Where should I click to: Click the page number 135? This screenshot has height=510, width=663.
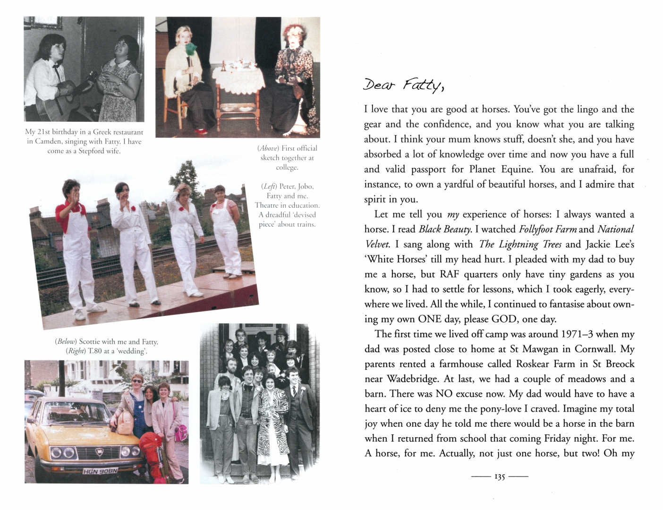[500, 477]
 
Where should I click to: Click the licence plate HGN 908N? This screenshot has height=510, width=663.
[101, 471]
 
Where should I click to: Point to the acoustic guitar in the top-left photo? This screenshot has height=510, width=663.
[66, 96]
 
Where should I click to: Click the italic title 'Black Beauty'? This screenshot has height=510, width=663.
[445, 229]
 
